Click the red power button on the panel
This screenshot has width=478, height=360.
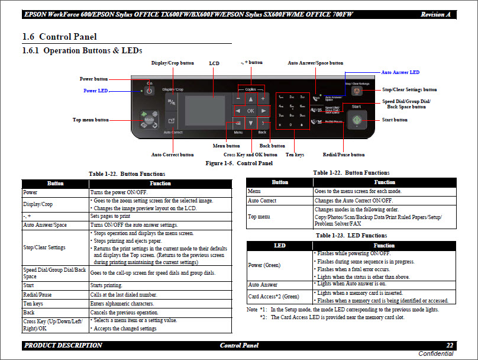[x=149, y=91]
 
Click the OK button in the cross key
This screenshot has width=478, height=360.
[x=251, y=111]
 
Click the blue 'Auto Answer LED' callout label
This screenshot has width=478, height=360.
[x=400, y=72]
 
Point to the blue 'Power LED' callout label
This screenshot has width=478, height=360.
[x=95, y=91]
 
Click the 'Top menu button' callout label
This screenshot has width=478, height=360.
[x=91, y=120]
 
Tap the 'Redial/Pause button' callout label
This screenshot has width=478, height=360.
[x=344, y=155]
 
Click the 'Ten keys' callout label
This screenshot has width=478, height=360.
[x=295, y=155]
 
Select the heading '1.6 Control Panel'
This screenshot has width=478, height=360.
[x=59, y=37]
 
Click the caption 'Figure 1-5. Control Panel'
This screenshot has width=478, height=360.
[x=238, y=163]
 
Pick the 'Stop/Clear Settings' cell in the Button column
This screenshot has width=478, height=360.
[x=44, y=247]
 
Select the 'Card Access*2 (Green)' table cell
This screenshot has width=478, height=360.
[x=274, y=296]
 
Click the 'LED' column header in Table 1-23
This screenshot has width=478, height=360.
[x=280, y=245]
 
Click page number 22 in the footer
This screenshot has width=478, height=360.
[x=450, y=345]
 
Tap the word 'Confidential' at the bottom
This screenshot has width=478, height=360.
[x=436, y=354]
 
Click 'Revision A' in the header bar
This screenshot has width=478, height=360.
[x=435, y=14]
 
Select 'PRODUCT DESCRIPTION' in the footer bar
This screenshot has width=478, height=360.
[x=63, y=345]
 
